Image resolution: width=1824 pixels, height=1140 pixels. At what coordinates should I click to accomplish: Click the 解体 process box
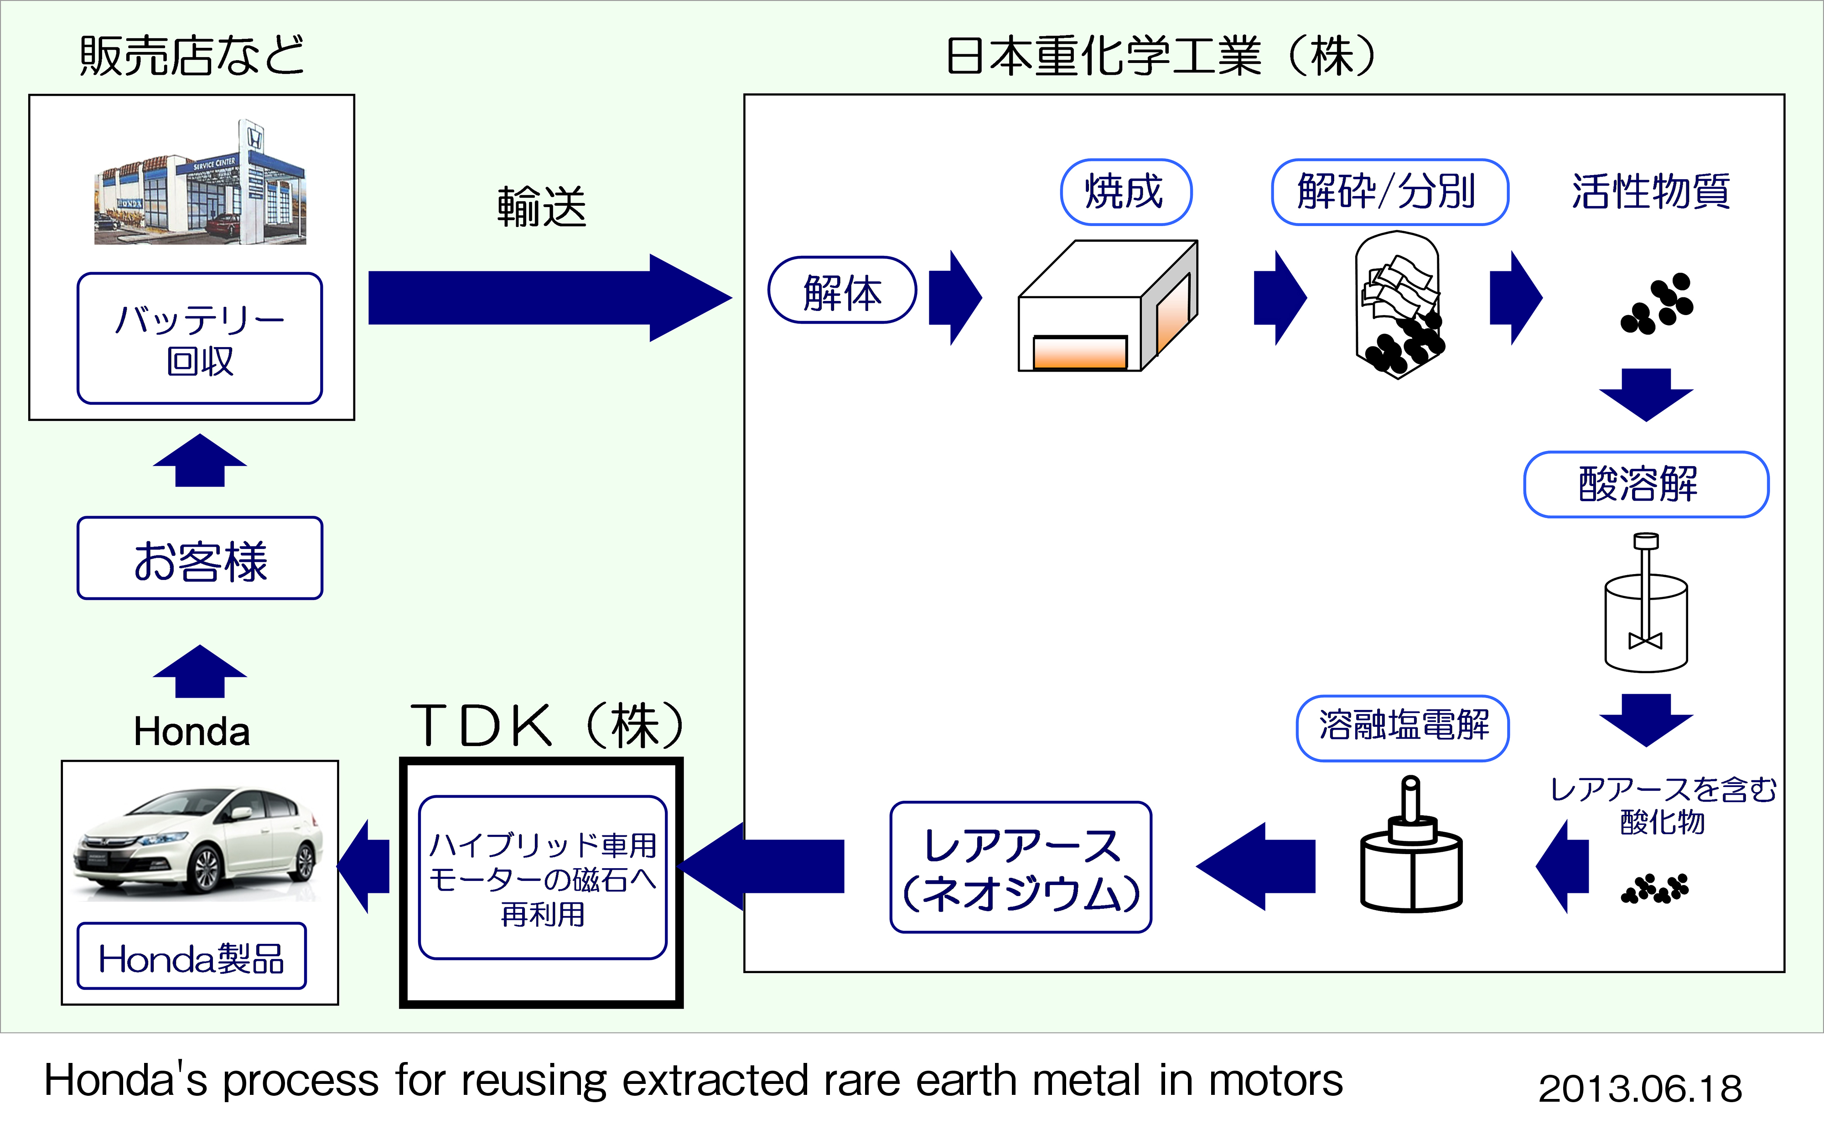[x=842, y=290]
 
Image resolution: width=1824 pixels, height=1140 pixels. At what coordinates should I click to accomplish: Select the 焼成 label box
[x=1125, y=192]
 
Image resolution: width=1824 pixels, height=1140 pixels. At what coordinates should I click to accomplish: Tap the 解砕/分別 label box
[x=1389, y=192]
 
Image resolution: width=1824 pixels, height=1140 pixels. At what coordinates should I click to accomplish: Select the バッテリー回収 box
[x=200, y=338]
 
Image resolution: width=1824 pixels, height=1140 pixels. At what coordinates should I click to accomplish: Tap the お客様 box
[x=200, y=558]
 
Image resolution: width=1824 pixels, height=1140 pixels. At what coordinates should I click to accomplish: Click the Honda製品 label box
[x=192, y=956]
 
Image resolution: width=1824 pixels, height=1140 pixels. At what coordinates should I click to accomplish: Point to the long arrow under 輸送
[x=549, y=298]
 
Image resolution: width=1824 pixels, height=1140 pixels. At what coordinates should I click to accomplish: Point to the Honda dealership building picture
[x=200, y=183]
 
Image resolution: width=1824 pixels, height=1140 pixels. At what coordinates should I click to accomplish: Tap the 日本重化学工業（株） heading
[x=1161, y=57]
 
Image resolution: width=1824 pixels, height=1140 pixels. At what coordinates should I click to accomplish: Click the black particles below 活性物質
[x=1657, y=303]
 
